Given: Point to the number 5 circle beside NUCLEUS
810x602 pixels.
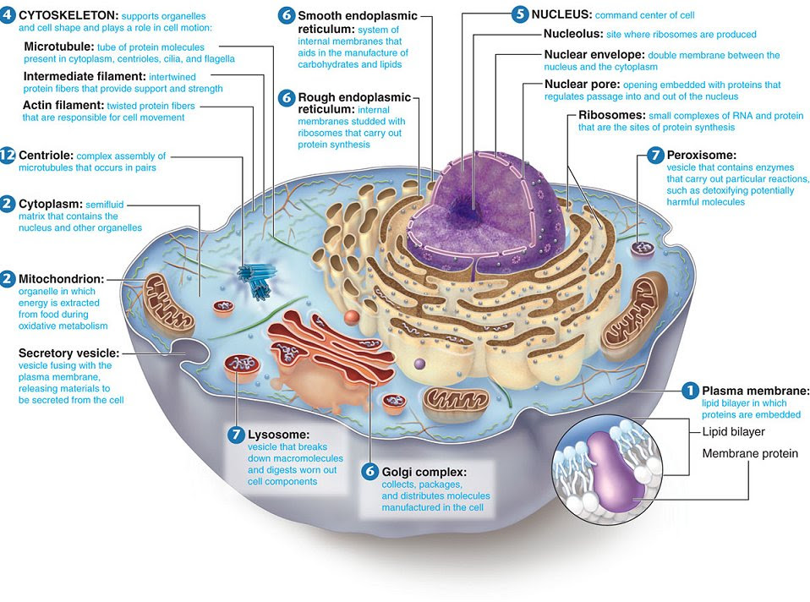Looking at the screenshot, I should click(x=520, y=14).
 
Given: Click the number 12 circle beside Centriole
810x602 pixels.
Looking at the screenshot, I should click(x=8, y=156).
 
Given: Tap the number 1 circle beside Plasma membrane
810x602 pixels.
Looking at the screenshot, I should click(x=690, y=390).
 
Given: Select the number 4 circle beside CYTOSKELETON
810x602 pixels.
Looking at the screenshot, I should click(x=8, y=15).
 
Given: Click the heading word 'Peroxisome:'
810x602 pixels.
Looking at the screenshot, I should click(x=702, y=155).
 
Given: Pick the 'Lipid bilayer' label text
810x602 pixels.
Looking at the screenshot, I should click(x=733, y=431).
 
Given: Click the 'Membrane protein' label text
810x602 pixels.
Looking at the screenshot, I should click(x=750, y=454).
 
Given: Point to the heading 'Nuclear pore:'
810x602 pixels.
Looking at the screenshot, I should click(x=582, y=85).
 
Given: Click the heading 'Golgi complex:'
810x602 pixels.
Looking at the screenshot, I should click(x=424, y=471).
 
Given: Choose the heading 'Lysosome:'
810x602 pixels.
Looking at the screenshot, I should click(x=278, y=434).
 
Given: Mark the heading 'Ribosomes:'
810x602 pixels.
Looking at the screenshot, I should click(x=612, y=114).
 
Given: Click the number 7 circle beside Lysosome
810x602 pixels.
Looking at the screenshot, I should click(x=236, y=434).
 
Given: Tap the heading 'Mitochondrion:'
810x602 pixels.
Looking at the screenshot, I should click(x=63, y=278).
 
